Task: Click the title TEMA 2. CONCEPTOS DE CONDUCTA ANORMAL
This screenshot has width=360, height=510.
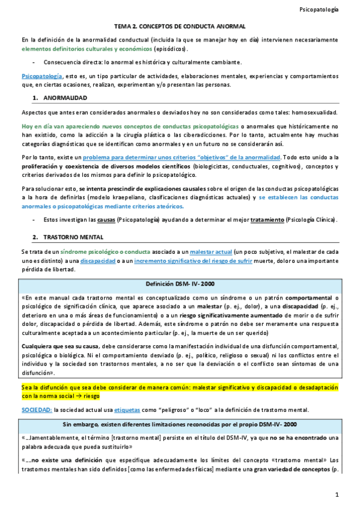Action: pos(180,27)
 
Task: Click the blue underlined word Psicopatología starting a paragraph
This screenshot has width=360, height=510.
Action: pos(41,77)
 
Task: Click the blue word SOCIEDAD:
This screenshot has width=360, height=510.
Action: pos(36,410)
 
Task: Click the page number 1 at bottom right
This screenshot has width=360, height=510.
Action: pos(338,494)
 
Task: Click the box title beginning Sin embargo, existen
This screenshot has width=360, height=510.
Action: pos(180,425)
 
